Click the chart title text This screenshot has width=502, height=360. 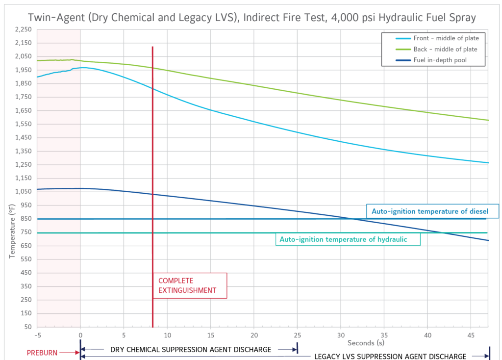(x=251, y=18)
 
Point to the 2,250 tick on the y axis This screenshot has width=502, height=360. (x=24, y=29)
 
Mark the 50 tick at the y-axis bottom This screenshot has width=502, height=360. (x=27, y=327)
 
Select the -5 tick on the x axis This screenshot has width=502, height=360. (x=37, y=335)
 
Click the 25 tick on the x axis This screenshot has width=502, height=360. (x=297, y=335)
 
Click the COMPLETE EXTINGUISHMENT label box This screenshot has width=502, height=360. (x=190, y=285)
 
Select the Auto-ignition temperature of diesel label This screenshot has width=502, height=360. (x=432, y=211)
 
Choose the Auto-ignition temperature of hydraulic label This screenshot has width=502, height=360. (x=348, y=239)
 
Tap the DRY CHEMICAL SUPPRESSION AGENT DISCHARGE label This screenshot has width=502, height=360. (x=191, y=350)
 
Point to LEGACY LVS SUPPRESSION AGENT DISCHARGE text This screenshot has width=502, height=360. (x=390, y=356)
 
